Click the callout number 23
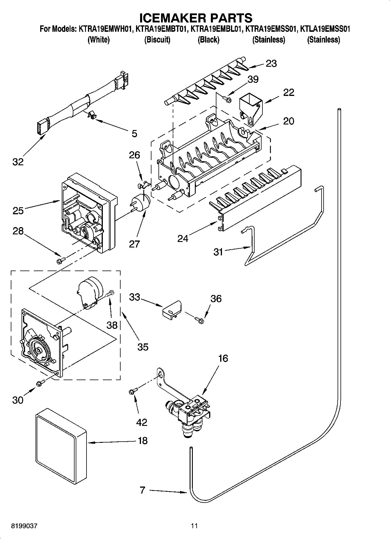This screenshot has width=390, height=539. [x=271, y=63]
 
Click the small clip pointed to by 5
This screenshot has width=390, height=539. [x=92, y=115]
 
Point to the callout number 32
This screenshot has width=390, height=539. [x=18, y=162]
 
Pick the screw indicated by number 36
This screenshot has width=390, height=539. [x=200, y=320]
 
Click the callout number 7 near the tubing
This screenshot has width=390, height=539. [x=142, y=490]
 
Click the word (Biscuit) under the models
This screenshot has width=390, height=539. [x=157, y=40]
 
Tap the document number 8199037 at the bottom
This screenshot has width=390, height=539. [x=24, y=526]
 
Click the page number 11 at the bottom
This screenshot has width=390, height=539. [x=194, y=526]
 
